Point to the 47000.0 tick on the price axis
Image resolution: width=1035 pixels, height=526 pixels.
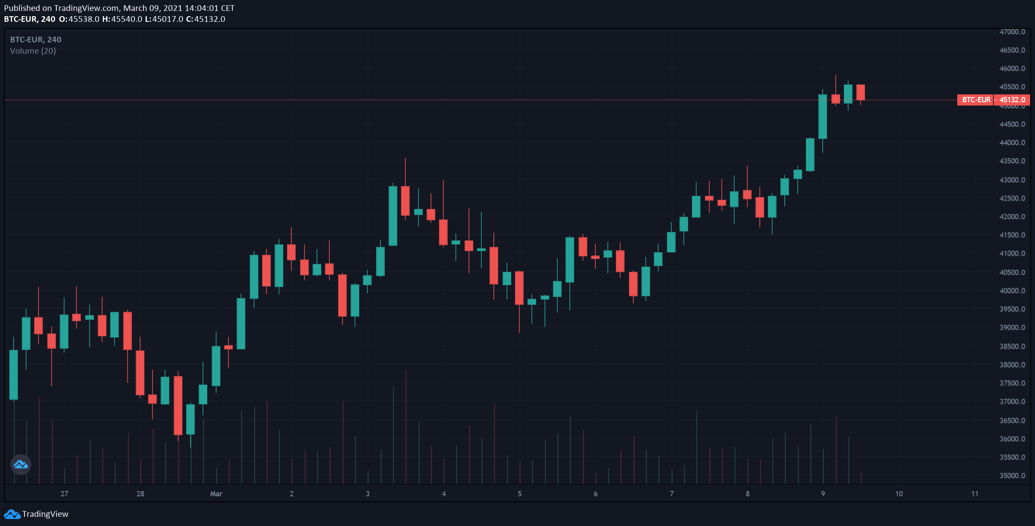point(1012,32)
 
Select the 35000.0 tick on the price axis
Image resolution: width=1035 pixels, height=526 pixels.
point(1012,476)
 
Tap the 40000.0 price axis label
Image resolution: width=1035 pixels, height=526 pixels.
point(1012,291)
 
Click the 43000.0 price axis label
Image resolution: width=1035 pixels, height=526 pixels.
point(1012,180)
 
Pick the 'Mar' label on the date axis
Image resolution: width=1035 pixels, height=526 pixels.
point(216,494)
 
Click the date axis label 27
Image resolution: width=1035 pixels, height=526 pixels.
point(64,494)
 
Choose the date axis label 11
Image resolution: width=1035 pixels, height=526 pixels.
point(975,494)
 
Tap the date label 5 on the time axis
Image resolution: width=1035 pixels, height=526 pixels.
point(520,494)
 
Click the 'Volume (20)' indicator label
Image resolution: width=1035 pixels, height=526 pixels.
point(33,51)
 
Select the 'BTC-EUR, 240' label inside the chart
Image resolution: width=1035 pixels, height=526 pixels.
point(36,39)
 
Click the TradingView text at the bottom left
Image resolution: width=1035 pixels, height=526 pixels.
point(45,514)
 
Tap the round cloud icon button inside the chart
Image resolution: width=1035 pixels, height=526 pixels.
point(21,464)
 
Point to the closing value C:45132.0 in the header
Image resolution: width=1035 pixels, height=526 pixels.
point(205,19)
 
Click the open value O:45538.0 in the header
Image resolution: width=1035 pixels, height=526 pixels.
point(79,19)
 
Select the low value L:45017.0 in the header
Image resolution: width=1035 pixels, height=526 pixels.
point(164,19)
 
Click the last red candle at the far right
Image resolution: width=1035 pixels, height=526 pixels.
point(861,92)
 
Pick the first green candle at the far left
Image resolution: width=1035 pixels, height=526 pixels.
point(14,374)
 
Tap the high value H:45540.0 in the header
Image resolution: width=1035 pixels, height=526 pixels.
point(122,19)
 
